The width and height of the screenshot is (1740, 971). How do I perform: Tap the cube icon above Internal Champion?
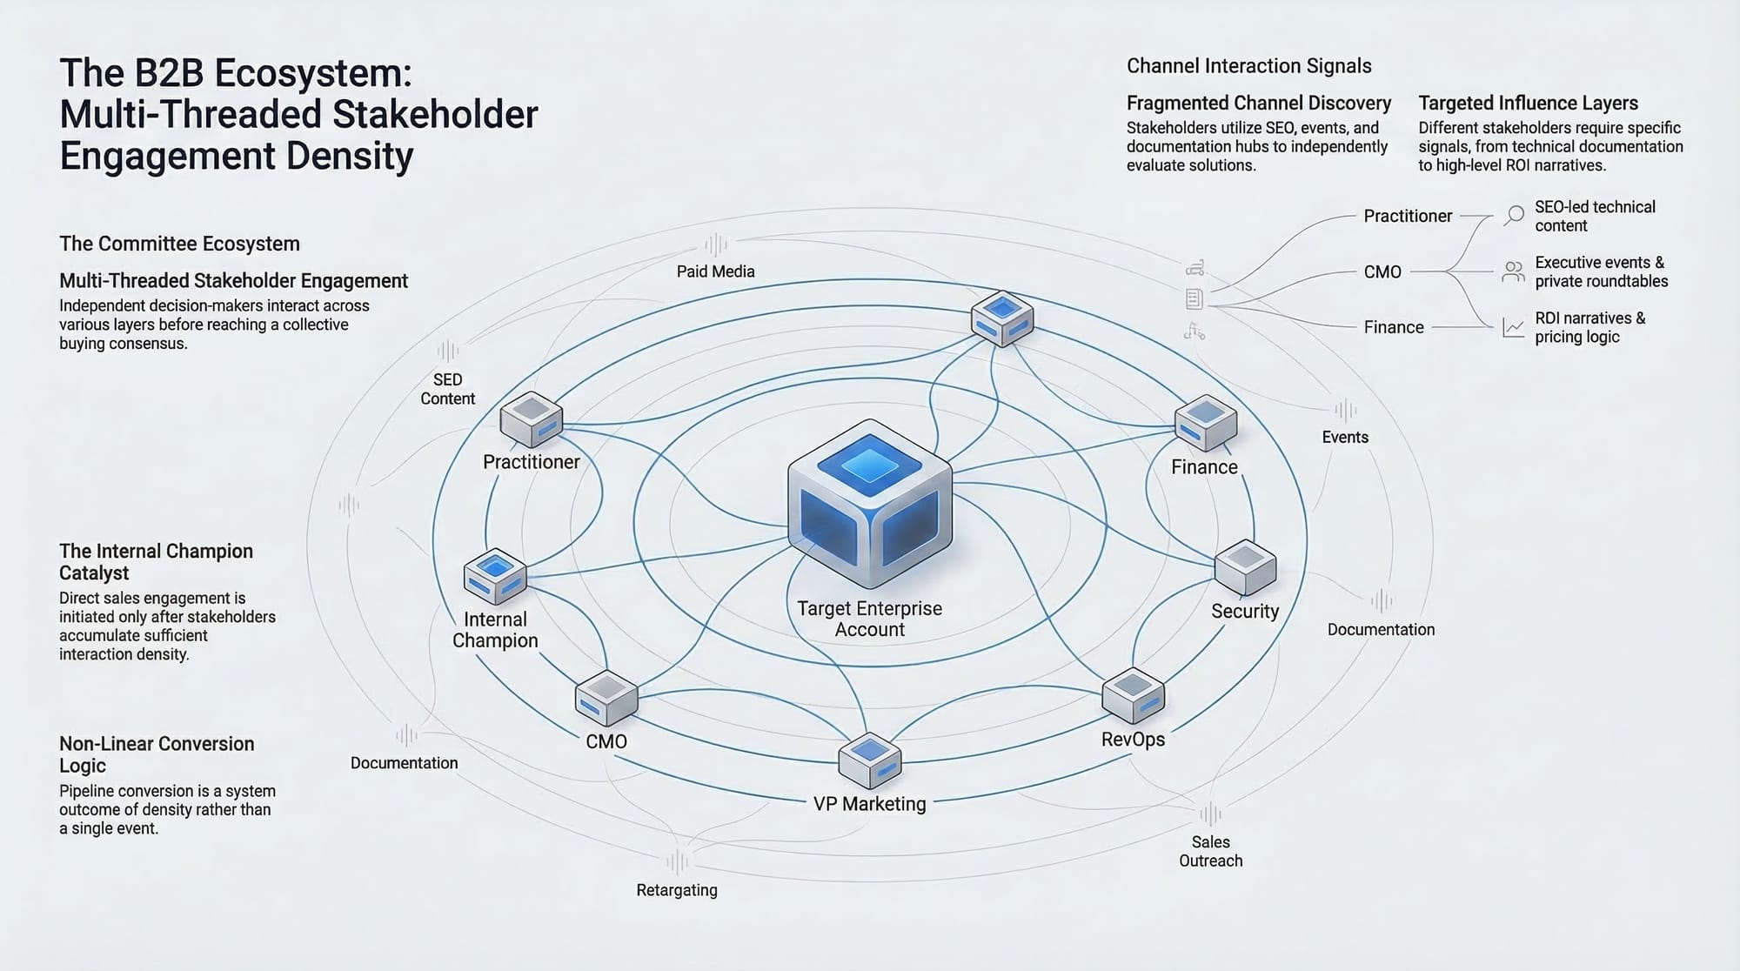point(495,576)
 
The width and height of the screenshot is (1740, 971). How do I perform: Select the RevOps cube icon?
point(1133,695)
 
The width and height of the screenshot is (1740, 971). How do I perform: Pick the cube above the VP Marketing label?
point(869,761)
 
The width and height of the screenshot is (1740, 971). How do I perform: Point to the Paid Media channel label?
point(715,271)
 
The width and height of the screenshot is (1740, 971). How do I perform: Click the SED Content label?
point(447,389)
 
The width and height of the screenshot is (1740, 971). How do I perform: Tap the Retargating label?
point(677,890)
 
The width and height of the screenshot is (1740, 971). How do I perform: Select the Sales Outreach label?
point(1210,851)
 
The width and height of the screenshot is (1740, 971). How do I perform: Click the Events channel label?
point(1345,437)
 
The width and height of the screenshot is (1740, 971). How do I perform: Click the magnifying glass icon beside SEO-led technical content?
point(1515,215)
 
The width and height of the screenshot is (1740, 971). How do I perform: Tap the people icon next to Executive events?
point(1514,271)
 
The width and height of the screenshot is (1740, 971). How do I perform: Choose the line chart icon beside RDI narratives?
point(1514,327)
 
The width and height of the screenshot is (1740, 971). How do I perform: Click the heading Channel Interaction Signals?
point(1248,66)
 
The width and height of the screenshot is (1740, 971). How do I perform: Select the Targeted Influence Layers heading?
point(1528,103)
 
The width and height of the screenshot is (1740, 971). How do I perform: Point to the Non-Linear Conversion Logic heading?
point(157,754)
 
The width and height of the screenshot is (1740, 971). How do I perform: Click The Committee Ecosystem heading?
point(179,244)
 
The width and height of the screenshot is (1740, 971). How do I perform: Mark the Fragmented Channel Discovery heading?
point(1258,103)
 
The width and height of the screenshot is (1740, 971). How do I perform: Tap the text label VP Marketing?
point(869,804)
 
